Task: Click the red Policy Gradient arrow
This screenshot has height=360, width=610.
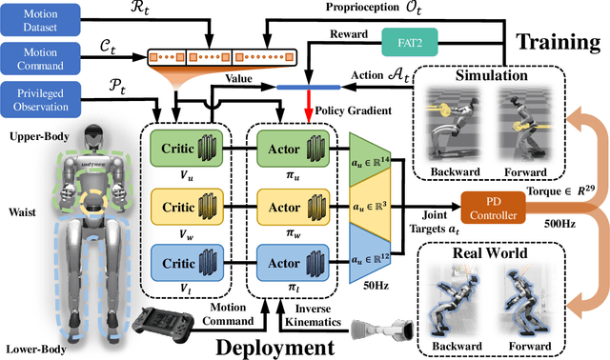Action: [x=308, y=105]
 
